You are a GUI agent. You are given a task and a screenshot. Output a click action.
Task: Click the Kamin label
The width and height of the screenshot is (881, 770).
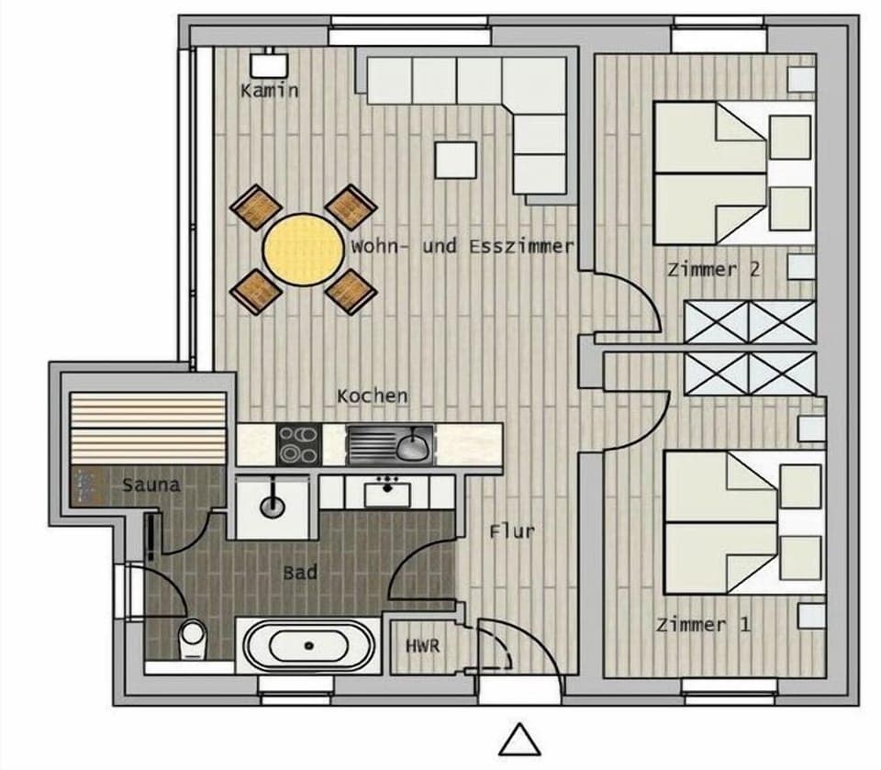269,90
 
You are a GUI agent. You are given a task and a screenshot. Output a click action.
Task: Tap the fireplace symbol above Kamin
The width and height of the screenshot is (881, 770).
270,63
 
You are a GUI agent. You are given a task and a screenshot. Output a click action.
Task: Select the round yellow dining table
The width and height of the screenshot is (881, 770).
302,249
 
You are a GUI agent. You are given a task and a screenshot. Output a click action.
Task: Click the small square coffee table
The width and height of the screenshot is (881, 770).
455,160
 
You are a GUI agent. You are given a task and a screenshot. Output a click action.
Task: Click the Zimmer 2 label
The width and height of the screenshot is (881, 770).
714,269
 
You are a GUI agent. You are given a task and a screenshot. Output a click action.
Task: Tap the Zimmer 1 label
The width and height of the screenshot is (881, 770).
703,625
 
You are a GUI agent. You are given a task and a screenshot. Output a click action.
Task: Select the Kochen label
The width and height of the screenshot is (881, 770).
372,396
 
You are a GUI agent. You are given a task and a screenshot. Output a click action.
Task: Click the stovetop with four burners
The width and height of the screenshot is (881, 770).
298,444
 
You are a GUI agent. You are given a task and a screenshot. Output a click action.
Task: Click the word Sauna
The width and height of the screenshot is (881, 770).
151,484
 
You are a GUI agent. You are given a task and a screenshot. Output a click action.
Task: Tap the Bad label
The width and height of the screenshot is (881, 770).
300,573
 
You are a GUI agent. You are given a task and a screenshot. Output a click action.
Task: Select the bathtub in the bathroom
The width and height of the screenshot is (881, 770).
306,646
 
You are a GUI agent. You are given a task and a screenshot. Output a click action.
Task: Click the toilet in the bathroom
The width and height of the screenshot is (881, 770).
193,637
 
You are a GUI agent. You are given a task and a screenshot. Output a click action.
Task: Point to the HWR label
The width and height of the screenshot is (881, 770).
423,646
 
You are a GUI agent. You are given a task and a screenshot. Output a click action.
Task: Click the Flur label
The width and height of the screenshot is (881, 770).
511,530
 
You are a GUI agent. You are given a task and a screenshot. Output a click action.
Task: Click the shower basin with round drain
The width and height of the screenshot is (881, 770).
273,506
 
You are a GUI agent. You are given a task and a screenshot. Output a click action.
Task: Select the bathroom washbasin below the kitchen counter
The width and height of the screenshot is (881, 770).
387,494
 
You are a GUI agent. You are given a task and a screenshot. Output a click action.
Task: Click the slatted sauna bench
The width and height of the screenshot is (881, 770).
148,429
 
